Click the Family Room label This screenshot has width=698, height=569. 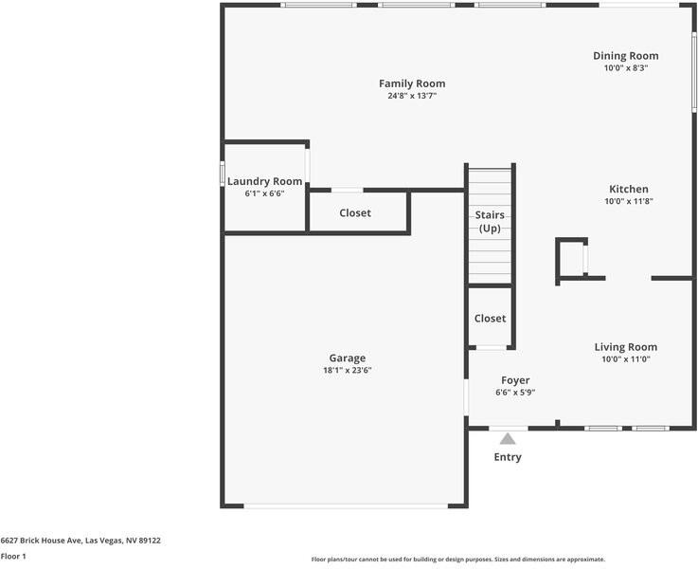[411, 83]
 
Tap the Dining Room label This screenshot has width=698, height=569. [625, 55]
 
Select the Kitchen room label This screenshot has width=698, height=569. [628, 189]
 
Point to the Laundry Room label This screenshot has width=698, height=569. [264, 181]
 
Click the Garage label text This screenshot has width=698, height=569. [347, 358]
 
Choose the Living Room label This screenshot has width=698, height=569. [625, 346]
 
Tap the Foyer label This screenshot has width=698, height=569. [515, 380]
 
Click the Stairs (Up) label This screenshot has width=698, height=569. [490, 222]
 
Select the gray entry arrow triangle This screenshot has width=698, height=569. [508, 439]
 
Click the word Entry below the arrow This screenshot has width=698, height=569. [508, 457]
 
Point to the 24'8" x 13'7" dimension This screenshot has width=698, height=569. [411, 96]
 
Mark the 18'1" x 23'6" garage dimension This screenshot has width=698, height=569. [347, 371]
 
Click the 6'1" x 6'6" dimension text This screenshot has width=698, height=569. [264, 193]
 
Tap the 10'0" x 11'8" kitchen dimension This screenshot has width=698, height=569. [628, 201]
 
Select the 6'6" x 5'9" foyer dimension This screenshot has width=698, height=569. [515, 393]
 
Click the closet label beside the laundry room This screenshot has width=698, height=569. [355, 213]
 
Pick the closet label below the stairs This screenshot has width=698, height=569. [490, 319]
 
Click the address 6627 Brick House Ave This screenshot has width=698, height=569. [81, 541]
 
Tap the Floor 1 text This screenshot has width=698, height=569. [13, 557]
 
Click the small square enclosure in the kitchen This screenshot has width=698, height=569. [571, 258]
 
